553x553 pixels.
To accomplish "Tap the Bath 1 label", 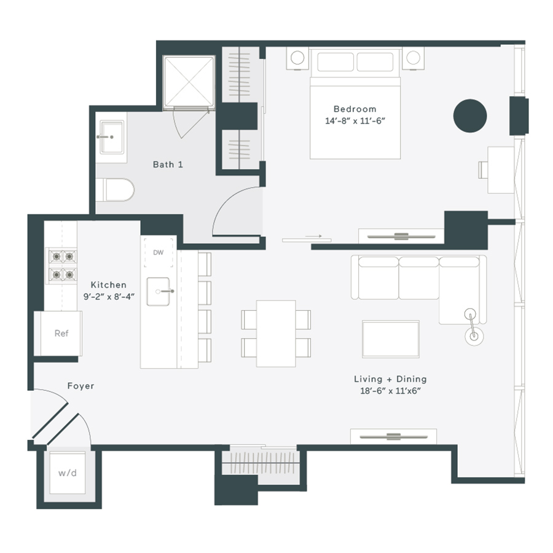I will (168, 165).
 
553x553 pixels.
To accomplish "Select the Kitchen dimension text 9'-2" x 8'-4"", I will (108, 296).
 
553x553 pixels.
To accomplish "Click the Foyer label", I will (80, 386).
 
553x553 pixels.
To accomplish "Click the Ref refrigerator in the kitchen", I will (61, 334).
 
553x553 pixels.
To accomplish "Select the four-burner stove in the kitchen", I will (62, 265).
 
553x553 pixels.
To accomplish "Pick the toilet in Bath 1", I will (117, 190).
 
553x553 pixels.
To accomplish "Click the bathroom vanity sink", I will (111, 136).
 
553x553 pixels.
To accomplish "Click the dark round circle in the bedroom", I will (470, 115).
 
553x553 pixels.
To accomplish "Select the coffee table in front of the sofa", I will (391, 339).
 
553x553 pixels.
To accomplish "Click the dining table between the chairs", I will (276, 332).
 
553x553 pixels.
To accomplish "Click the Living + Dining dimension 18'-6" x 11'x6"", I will (390, 391).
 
